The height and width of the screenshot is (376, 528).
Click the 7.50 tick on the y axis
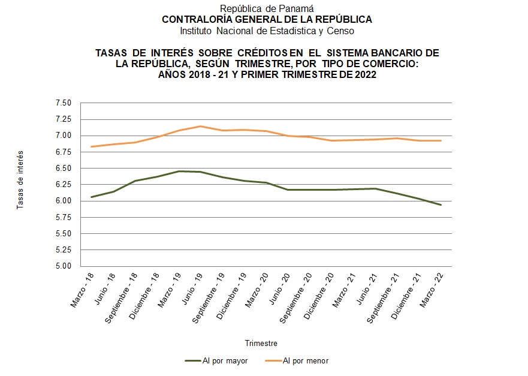[x=63, y=103]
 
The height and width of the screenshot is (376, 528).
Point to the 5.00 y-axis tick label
[x=63, y=266]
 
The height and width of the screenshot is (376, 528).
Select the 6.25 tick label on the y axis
[x=63, y=185]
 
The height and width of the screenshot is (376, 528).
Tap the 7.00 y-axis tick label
[x=63, y=136]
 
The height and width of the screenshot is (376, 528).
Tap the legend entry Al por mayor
[x=224, y=361]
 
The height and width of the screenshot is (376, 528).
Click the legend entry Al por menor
[x=305, y=361]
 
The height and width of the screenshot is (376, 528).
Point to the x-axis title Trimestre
[x=261, y=343]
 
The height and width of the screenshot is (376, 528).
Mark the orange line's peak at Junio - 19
[x=200, y=126]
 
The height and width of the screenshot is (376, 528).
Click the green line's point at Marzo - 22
[x=441, y=205]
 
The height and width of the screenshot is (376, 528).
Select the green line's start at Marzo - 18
[x=91, y=197]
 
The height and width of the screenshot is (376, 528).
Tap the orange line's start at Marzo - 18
[x=91, y=146]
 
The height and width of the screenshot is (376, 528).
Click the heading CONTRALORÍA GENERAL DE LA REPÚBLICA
[x=267, y=19]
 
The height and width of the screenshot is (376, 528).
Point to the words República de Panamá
[x=267, y=8]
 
